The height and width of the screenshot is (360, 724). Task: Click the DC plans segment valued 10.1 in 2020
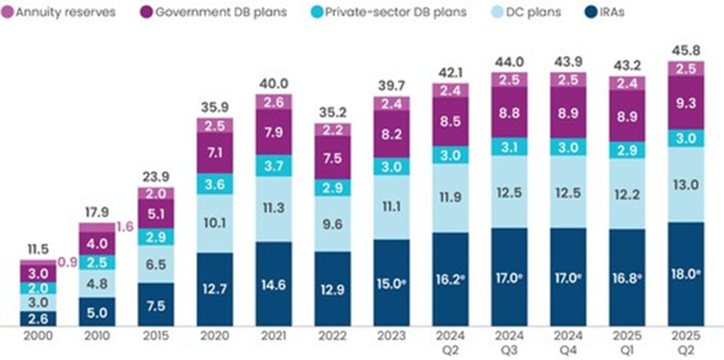click(x=215, y=223)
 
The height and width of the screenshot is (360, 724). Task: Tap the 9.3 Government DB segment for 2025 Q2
click(x=686, y=103)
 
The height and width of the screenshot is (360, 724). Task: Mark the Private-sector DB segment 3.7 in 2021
click(x=274, y=166)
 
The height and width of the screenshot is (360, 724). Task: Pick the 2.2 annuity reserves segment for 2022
click(x=332, y=130)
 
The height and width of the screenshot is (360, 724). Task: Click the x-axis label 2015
click(x=156, y=336)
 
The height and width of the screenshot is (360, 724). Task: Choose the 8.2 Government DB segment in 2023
click(x=391, y=134)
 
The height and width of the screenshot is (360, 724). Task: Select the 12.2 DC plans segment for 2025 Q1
click(x=627, y=193)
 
